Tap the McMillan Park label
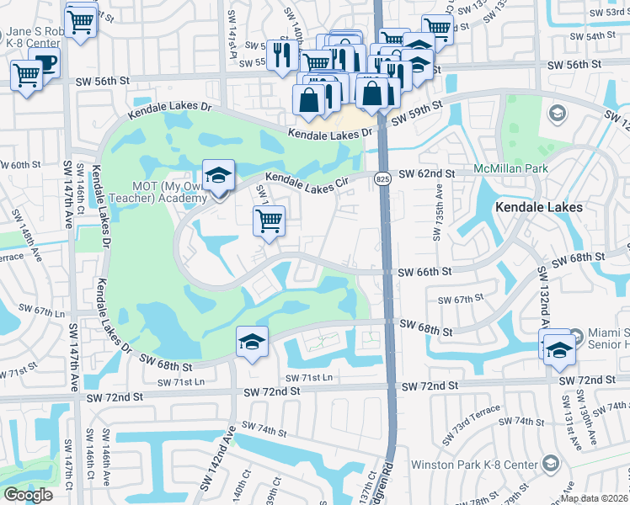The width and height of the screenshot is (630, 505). [510, 168]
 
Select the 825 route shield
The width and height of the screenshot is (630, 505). [383, 179]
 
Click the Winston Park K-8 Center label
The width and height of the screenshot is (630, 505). [473, 464]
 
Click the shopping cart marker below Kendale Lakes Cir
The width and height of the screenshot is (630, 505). [269, 221]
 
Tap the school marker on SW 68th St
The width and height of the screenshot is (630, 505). [252, 343]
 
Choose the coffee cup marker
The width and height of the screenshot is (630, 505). [44, 63]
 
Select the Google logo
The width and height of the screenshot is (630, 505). [28, 494]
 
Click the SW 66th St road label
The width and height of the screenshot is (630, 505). [426, 272]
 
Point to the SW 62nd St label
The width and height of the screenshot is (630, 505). [427, 173]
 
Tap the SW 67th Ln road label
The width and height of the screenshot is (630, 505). [37, 311]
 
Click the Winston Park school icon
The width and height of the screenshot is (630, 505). [550, 464]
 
